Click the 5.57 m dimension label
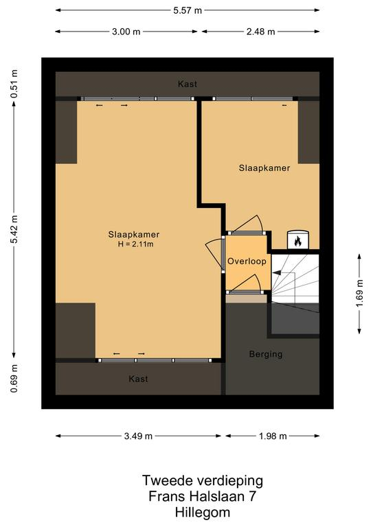tap(188, 10)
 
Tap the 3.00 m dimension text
tap(126, 32)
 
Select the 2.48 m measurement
tap(260, 32)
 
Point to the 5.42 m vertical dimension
tap(14, 229)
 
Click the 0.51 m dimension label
tap(14, 84)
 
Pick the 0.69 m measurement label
tap(14, 379)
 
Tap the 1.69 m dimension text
tap(359, 293)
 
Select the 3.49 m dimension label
tap(138, 436)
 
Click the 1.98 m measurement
tap(273, 436)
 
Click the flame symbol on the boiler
tap(297, 241)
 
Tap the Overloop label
tap(247, 261)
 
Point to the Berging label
tap(266, 354)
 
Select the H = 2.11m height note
tap(135, 244)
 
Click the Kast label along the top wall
tap(188, 84)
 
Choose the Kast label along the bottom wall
tap(138, 379)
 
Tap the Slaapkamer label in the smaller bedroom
tap(264, 168)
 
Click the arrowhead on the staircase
tap(275, 273)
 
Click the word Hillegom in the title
tap(203, 513)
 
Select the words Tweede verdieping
tap(203, 480)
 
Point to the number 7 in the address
tap(252, 496)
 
